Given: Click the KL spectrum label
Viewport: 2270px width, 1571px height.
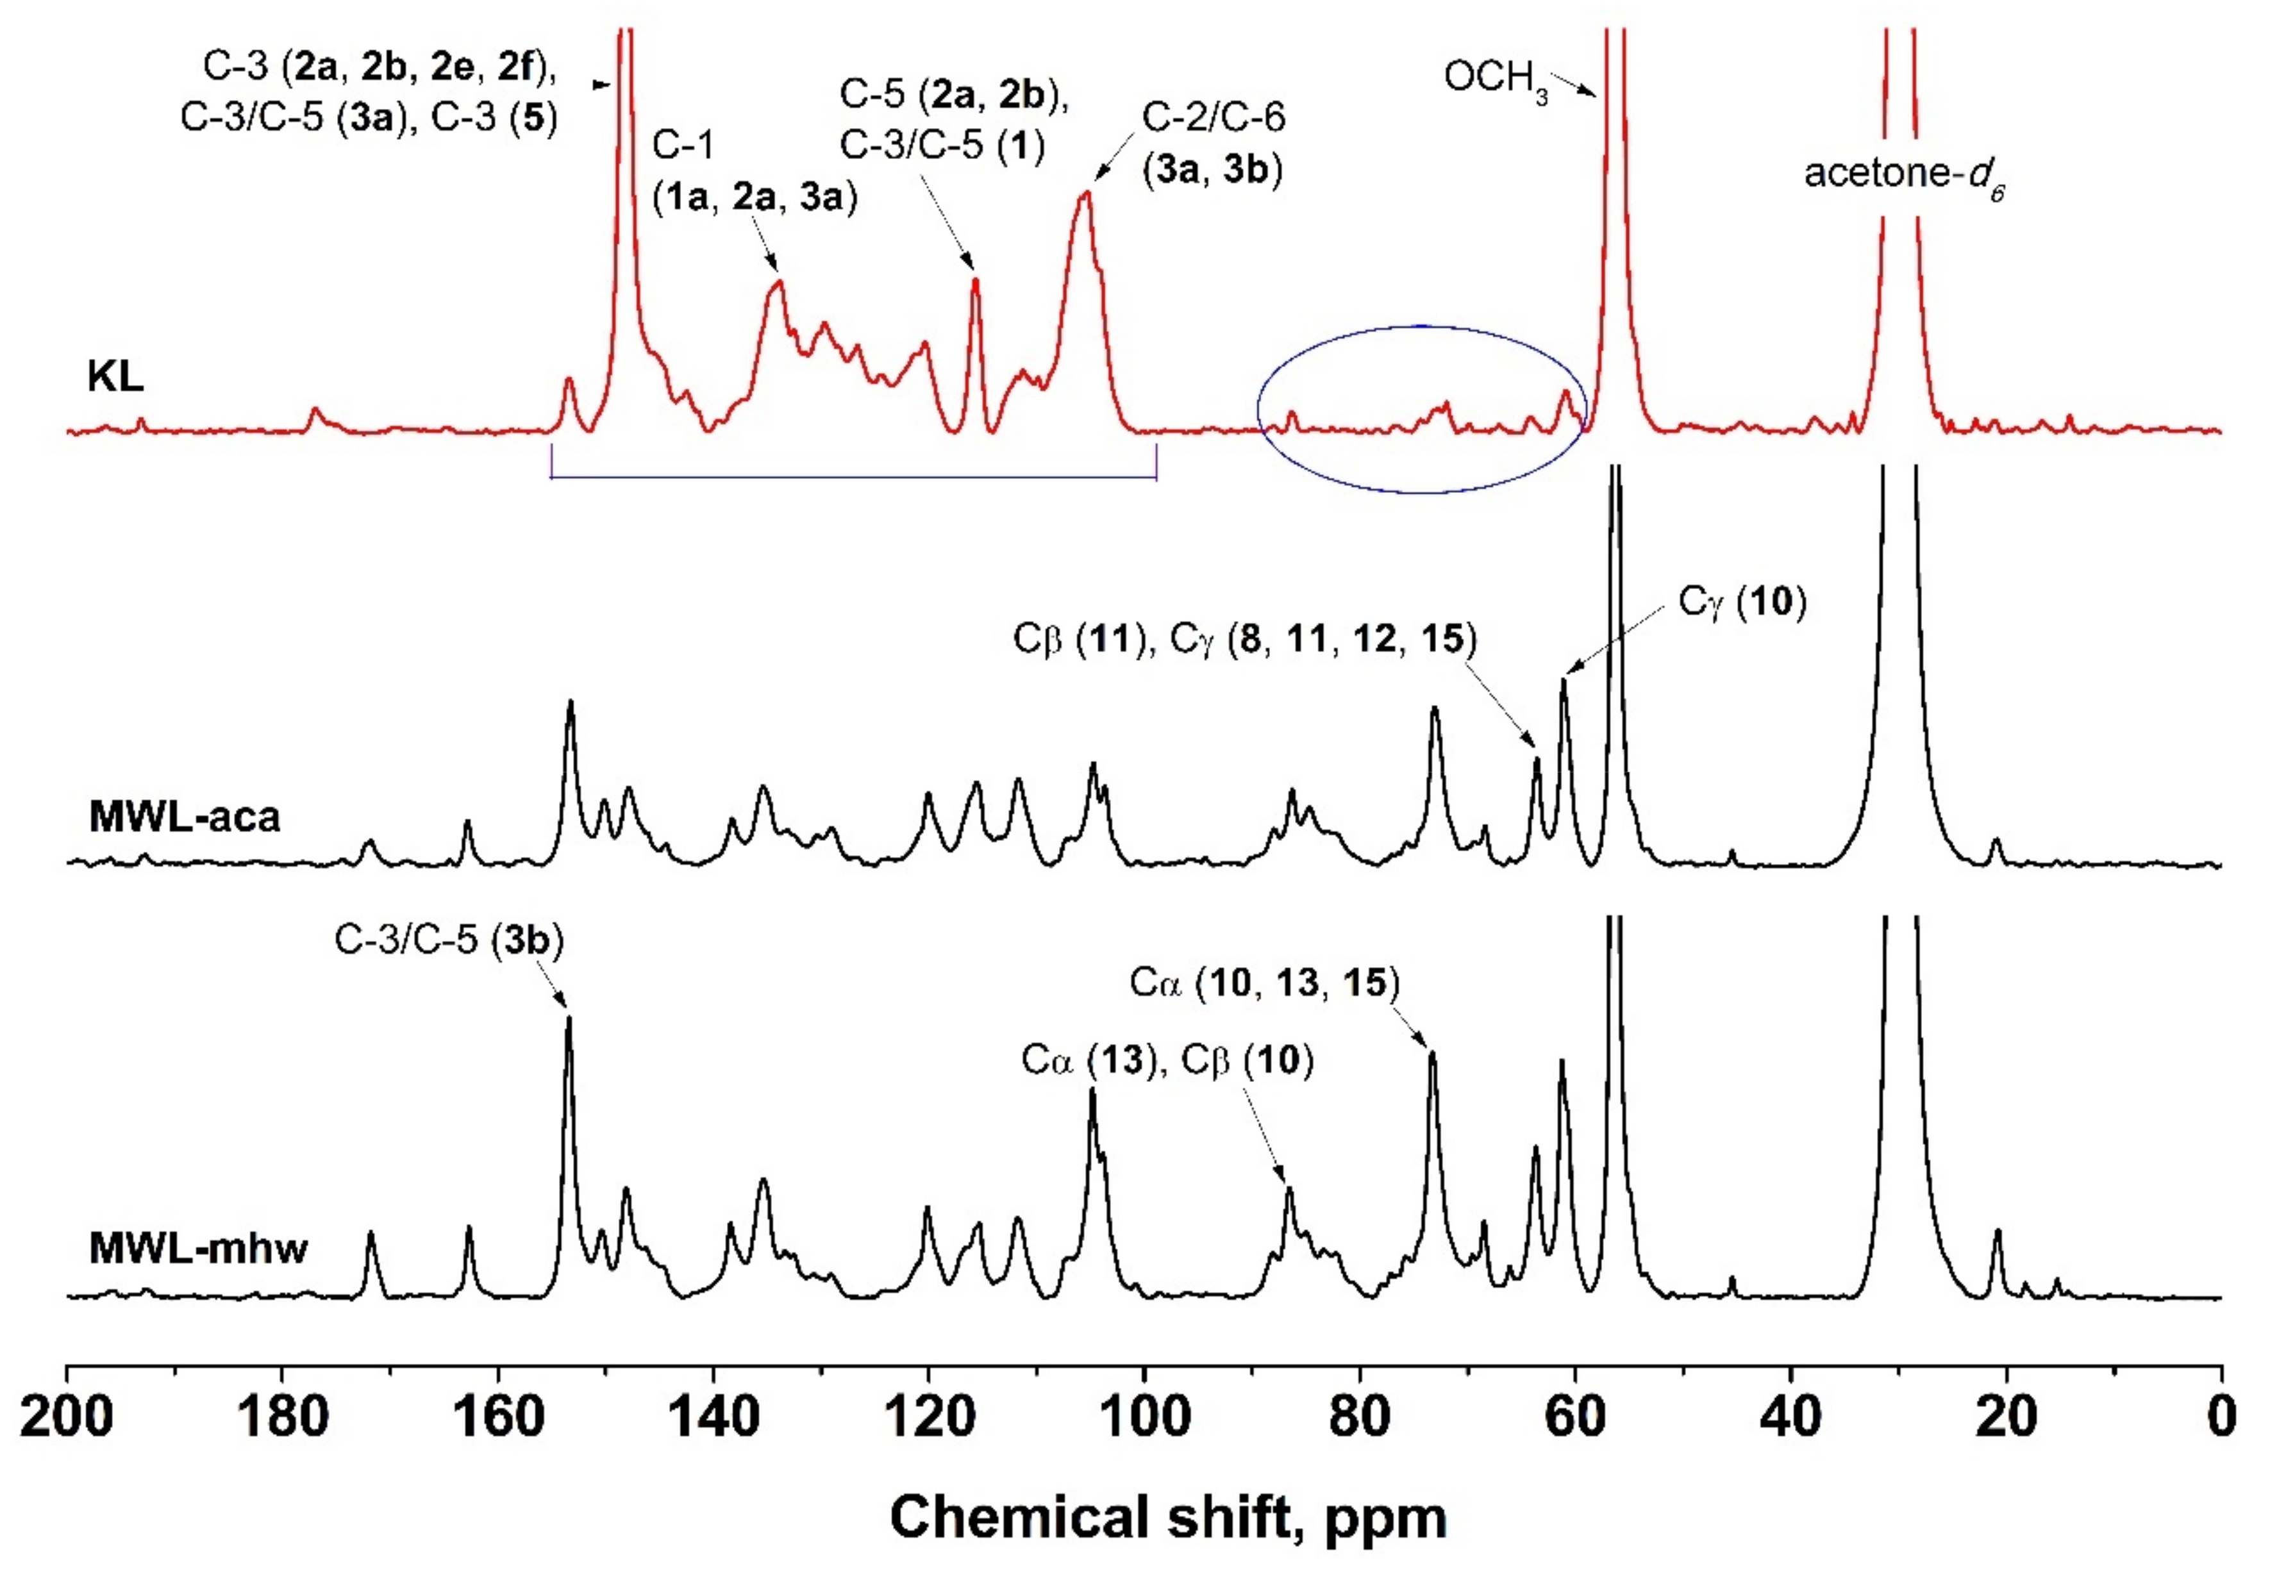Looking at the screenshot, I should pos(115,376).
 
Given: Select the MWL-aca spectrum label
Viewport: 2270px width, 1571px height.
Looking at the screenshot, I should pos(184,816).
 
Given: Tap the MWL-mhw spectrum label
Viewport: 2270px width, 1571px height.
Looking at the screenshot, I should pos(198,1248).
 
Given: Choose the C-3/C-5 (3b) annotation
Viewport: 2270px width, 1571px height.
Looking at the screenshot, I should pos(449,940).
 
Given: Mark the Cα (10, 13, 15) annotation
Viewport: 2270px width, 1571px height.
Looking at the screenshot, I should pos(1264,983).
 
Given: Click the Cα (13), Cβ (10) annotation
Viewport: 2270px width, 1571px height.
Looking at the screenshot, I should pos(1167,1060).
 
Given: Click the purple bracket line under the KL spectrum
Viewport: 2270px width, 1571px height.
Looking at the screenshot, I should pos(853,478).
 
